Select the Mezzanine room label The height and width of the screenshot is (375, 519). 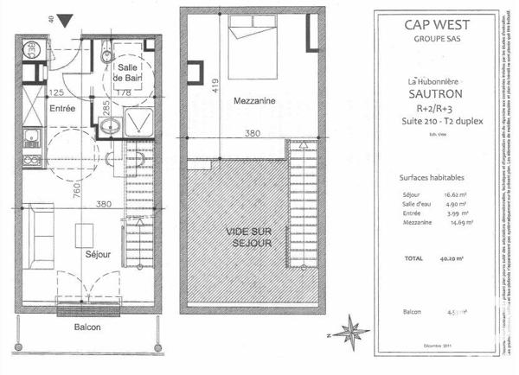pyautogui.click(x=254, y=101)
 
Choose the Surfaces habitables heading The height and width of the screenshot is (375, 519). pyautogui.click(x=430, y=176)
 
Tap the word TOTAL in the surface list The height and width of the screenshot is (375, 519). pyautogui.click(x=414, y=258)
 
